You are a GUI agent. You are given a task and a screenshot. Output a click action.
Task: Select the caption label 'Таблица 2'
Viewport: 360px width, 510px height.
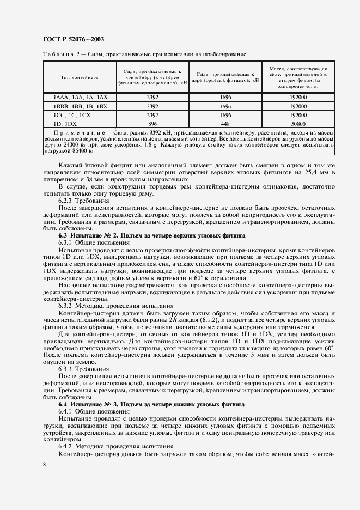click(58, 54)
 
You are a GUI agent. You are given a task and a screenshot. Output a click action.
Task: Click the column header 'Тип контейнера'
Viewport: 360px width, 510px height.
click(79, 77)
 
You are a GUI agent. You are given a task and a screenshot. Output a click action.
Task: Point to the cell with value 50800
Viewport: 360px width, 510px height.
click(298, 124)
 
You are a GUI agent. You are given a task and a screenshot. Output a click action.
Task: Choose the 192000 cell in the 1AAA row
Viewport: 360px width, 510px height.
click(298, 97)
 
